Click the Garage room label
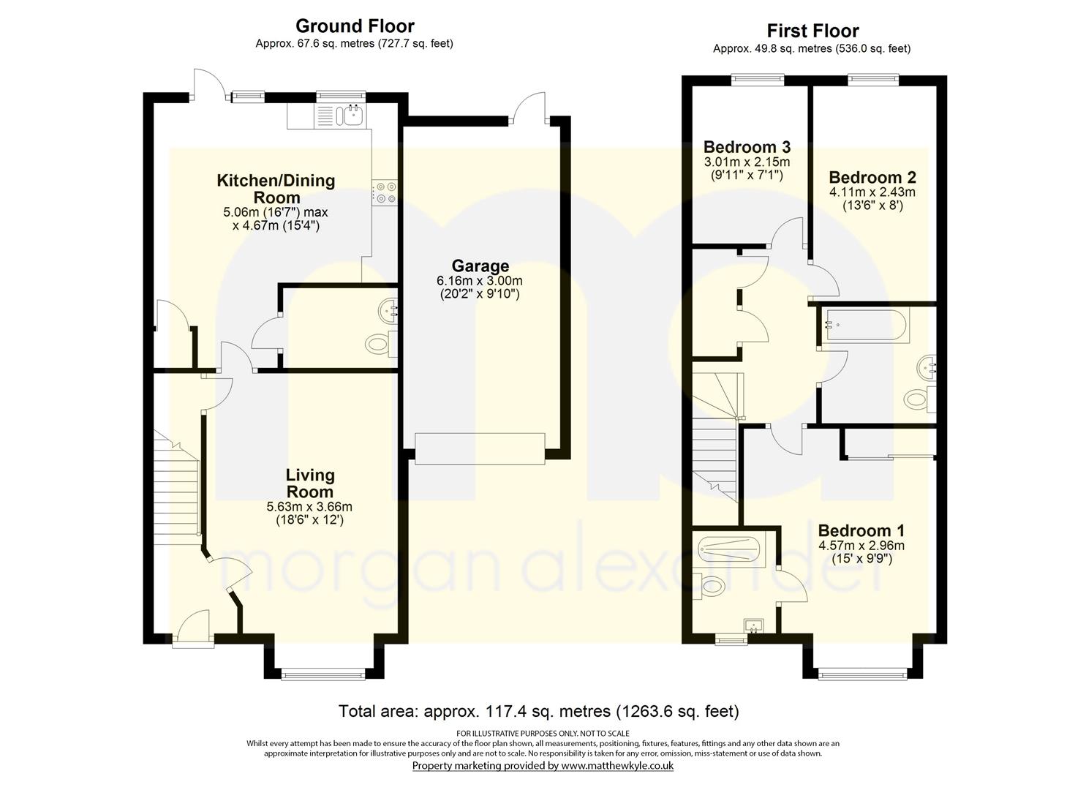[x=480, y=266]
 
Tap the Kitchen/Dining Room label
[x=276, y=189]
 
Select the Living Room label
[x=310, y=484]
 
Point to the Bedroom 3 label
[x=747, y=147]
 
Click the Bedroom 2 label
[x=872, y=177]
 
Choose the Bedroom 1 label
[x=861, y=530]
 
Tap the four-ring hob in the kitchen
[x=385, y=192]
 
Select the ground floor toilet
[x=379, y=343]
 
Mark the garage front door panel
[x=480, y=448]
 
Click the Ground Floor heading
[x=355, y=26]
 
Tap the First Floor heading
[x=812, y=31]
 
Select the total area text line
[x=538, y=711]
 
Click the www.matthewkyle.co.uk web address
[x=616, y=766]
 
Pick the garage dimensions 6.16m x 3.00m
[x=480, y=281]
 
